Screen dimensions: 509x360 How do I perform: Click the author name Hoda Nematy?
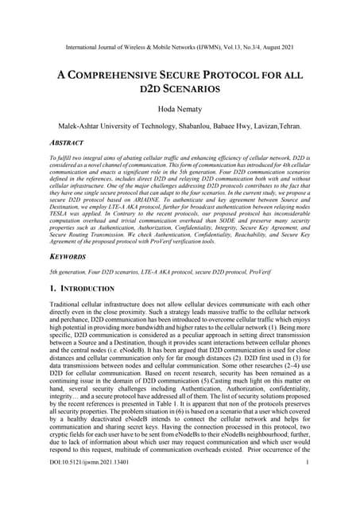tap(179, 108)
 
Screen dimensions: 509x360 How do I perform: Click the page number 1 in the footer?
tap(306, 484)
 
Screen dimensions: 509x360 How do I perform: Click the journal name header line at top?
tap(179, 48)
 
